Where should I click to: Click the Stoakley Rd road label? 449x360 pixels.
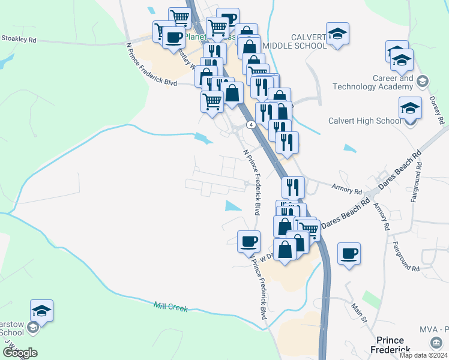[19, 39]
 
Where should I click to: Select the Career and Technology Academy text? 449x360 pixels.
[388, 82]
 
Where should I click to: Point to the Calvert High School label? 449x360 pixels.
[364, 121]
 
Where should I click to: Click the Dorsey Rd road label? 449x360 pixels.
[436, 112]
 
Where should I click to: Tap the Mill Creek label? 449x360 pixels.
[170, 307]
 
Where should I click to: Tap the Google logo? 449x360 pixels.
[20, 353]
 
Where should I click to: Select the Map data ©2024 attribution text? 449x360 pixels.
[423, 355]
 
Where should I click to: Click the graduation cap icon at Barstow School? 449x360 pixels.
[42, 310]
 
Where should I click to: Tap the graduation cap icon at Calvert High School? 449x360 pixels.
[411, 108]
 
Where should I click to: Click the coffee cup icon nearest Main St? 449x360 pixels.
[348, 253]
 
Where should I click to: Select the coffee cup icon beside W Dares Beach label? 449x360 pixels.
[249, 241]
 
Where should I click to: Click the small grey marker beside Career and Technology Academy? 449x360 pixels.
[423, 81]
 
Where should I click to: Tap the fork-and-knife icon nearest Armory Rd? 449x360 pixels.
[293, 187]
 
